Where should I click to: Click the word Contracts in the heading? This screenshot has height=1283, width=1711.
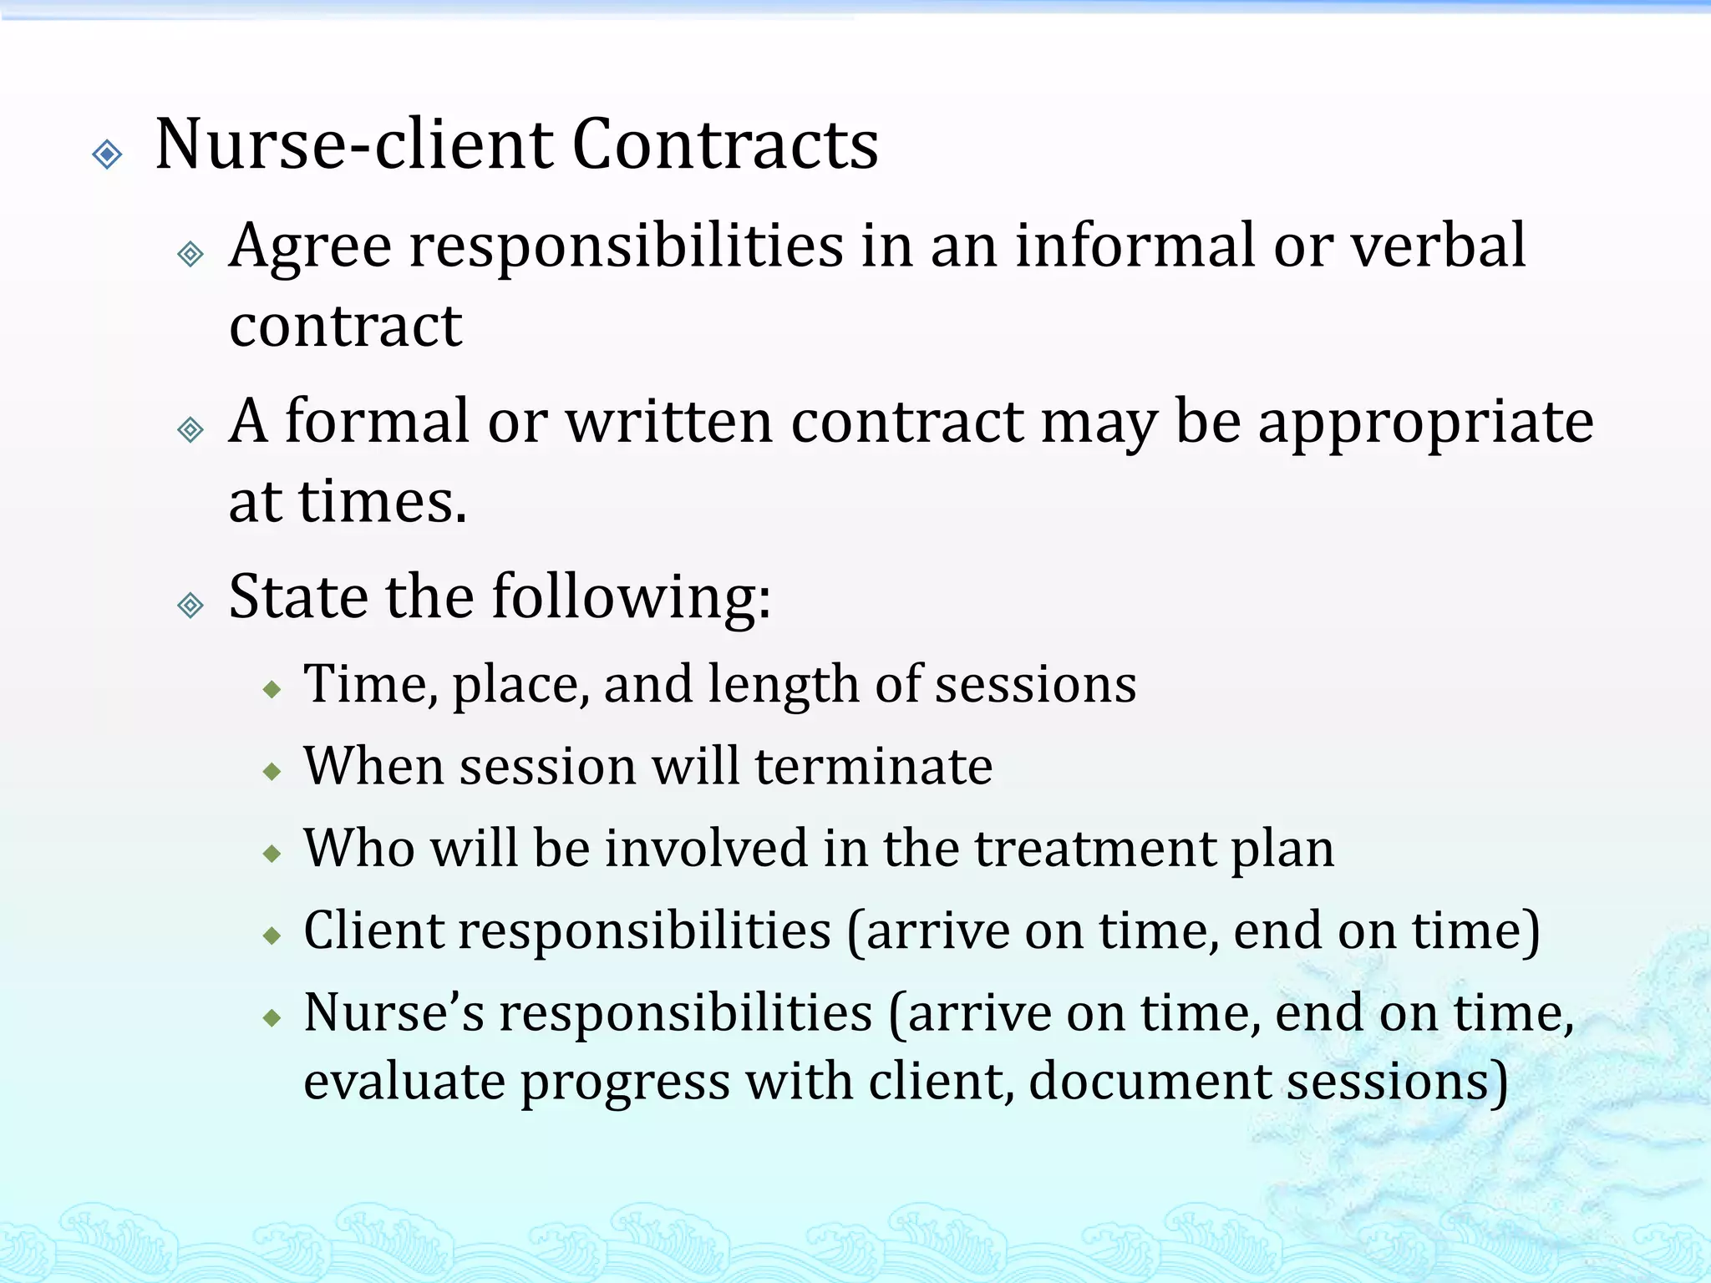[x=724, y=145]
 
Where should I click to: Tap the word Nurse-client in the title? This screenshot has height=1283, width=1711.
[x=355, y=145]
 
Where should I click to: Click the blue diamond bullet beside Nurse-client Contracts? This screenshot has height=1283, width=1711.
[x=108, y=155]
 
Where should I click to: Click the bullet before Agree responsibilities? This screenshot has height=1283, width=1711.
[x=191, y=254]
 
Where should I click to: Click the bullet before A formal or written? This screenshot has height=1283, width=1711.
[x=191, y=429]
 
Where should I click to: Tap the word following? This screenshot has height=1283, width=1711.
[x=632, y=598]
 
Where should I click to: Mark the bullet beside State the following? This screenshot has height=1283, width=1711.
[x=191, y=605]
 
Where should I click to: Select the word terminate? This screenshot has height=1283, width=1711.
[x=873, y=766]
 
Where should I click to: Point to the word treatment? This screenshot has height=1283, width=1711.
[x=1095, y=849]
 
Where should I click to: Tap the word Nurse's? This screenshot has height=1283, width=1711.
[x=393, y=1012]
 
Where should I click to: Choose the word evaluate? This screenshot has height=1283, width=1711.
[x=404, y=1083]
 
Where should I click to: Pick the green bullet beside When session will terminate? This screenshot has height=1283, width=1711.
[x=272, y=772]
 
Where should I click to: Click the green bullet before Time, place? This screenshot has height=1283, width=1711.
[x=272, y=690]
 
